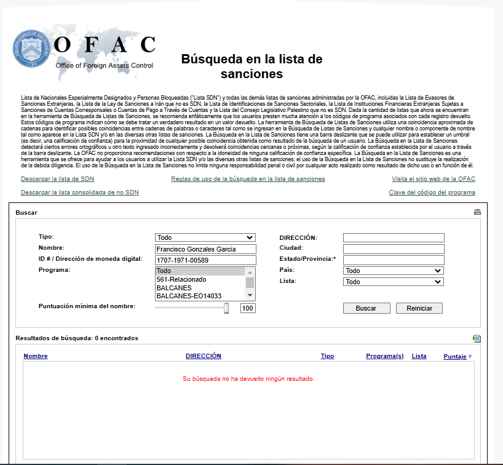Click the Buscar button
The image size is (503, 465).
[366, 308]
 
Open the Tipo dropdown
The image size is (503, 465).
[205, 237]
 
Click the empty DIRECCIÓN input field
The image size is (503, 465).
[393, 238]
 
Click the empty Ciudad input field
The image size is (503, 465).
[393, 249]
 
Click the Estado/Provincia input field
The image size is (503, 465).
[393, 260]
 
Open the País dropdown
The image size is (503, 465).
[393, 271]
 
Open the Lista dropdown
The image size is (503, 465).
[393, 282]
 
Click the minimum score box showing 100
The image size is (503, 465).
[248, 308]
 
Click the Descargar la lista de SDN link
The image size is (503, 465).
[57, 179]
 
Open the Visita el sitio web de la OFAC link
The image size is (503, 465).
[433, 179]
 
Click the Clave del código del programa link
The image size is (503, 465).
[432, 193]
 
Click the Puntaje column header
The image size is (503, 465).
[454, 356]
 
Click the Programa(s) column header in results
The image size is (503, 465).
[384, 356]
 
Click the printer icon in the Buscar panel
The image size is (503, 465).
[477, 212]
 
